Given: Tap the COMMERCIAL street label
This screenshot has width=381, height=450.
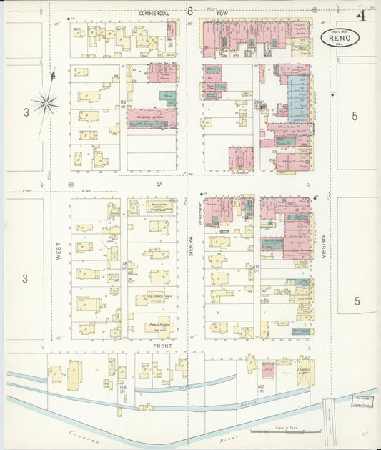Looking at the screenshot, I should point(154,14).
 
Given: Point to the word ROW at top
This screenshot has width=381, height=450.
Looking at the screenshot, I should point(222,14).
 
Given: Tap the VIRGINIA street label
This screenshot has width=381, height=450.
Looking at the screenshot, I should point(324,250).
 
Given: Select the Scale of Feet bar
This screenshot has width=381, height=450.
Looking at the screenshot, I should point(286,431).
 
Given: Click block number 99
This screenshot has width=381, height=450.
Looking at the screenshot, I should point(123,103).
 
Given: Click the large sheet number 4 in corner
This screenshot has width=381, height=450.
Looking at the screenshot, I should point(362,15).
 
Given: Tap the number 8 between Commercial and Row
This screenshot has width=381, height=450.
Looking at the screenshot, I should point(190,11).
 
